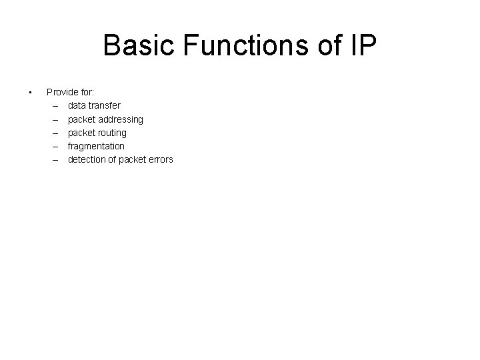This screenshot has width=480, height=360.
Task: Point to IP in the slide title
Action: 363,47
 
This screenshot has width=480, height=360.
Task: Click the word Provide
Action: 63,91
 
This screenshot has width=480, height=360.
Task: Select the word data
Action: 77,105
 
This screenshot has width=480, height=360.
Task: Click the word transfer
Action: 105,105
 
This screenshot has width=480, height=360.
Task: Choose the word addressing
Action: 120,119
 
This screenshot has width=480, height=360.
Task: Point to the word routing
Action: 111,133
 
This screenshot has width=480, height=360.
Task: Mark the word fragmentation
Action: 96,146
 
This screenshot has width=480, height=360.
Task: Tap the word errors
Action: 160,159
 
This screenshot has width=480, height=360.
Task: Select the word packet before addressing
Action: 81,119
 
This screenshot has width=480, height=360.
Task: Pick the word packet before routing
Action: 81,133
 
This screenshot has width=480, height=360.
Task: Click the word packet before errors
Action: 131,159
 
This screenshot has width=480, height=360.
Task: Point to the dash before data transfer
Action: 53,105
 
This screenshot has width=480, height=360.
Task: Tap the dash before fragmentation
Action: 53,146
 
